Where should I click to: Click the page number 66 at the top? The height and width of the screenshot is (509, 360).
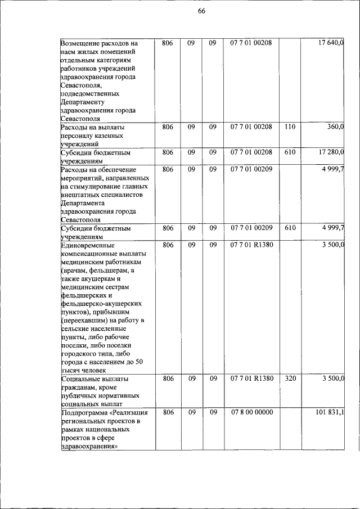[x=201, y=14]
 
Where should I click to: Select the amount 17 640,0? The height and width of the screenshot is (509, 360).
[x=331, y=43]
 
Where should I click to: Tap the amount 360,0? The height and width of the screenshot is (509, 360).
[x=336, y=127]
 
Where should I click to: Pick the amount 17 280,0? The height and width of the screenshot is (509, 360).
[x=331, y=152]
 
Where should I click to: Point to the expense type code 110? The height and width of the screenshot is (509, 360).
[x=290, y=127]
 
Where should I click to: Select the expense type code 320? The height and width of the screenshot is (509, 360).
[x=290, y=379]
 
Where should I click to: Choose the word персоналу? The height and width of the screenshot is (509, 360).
[x=78, y=136]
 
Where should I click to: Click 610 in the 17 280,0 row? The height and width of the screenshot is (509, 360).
[x=290, y=152]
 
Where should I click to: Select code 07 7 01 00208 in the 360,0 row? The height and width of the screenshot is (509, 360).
[x=251, y=127]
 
